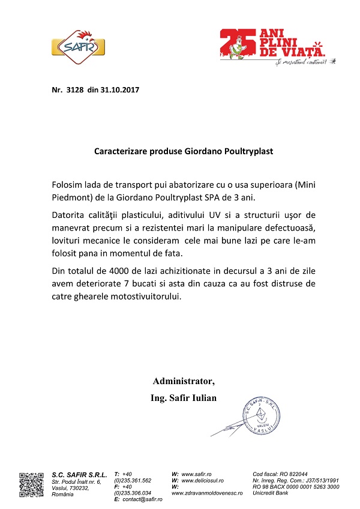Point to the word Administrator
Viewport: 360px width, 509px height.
pyautogui.click(x=183, y=381)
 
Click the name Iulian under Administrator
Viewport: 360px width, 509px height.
pyautogui.click(x=202, y=398)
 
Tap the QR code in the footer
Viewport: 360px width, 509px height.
pyautogui.click(x=32, y=484)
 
